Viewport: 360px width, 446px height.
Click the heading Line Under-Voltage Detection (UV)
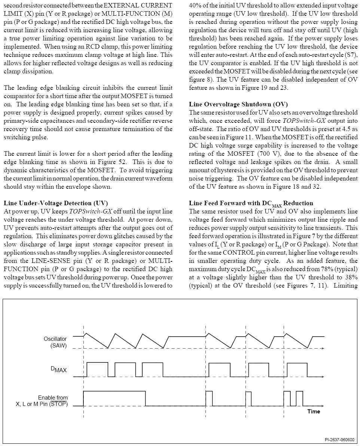(56, 203)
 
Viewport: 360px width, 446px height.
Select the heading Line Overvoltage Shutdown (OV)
(238, 104)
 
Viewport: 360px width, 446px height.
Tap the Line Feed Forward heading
(251, 203)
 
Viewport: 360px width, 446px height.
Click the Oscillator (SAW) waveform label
(55, 342)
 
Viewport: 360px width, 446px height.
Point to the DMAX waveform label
(59, 370)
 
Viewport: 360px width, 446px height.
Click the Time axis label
(314, 412)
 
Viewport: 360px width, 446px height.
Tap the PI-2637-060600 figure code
(339, 440)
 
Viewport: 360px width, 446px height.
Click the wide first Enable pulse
(114, 391)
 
